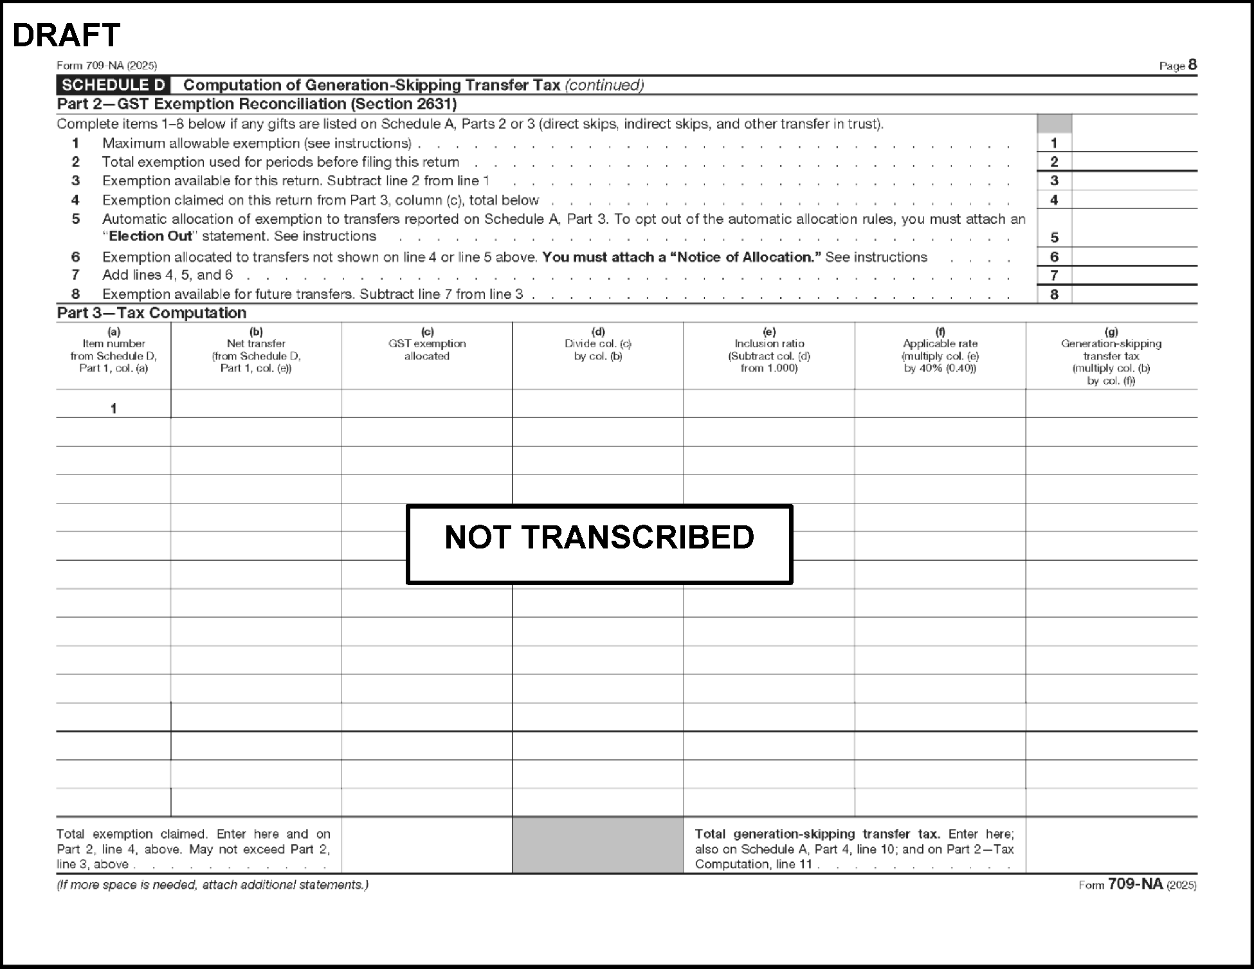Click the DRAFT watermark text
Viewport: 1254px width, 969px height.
[66, 35]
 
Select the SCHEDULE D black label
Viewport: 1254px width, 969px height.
[114, 85]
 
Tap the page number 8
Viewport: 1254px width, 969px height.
[1192, 64]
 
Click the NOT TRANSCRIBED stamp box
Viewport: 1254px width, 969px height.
[599, 544]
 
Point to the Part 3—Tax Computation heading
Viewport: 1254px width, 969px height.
[152, 313]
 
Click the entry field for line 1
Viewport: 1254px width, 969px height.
[1134, 143]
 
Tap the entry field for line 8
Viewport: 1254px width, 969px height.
[1134, 294]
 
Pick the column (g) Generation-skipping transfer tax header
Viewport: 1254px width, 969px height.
[1111, 356]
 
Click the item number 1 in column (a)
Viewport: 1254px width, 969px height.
[114, 408]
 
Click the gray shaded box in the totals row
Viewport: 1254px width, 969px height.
[597, 845]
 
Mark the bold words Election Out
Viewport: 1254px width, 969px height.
[150, 237]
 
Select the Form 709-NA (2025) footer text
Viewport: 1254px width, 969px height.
[1137, 885]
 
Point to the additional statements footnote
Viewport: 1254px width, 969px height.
[213, 885]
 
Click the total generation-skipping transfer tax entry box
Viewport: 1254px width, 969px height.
[1111, 845]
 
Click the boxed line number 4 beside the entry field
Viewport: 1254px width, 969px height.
[1054, 200]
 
